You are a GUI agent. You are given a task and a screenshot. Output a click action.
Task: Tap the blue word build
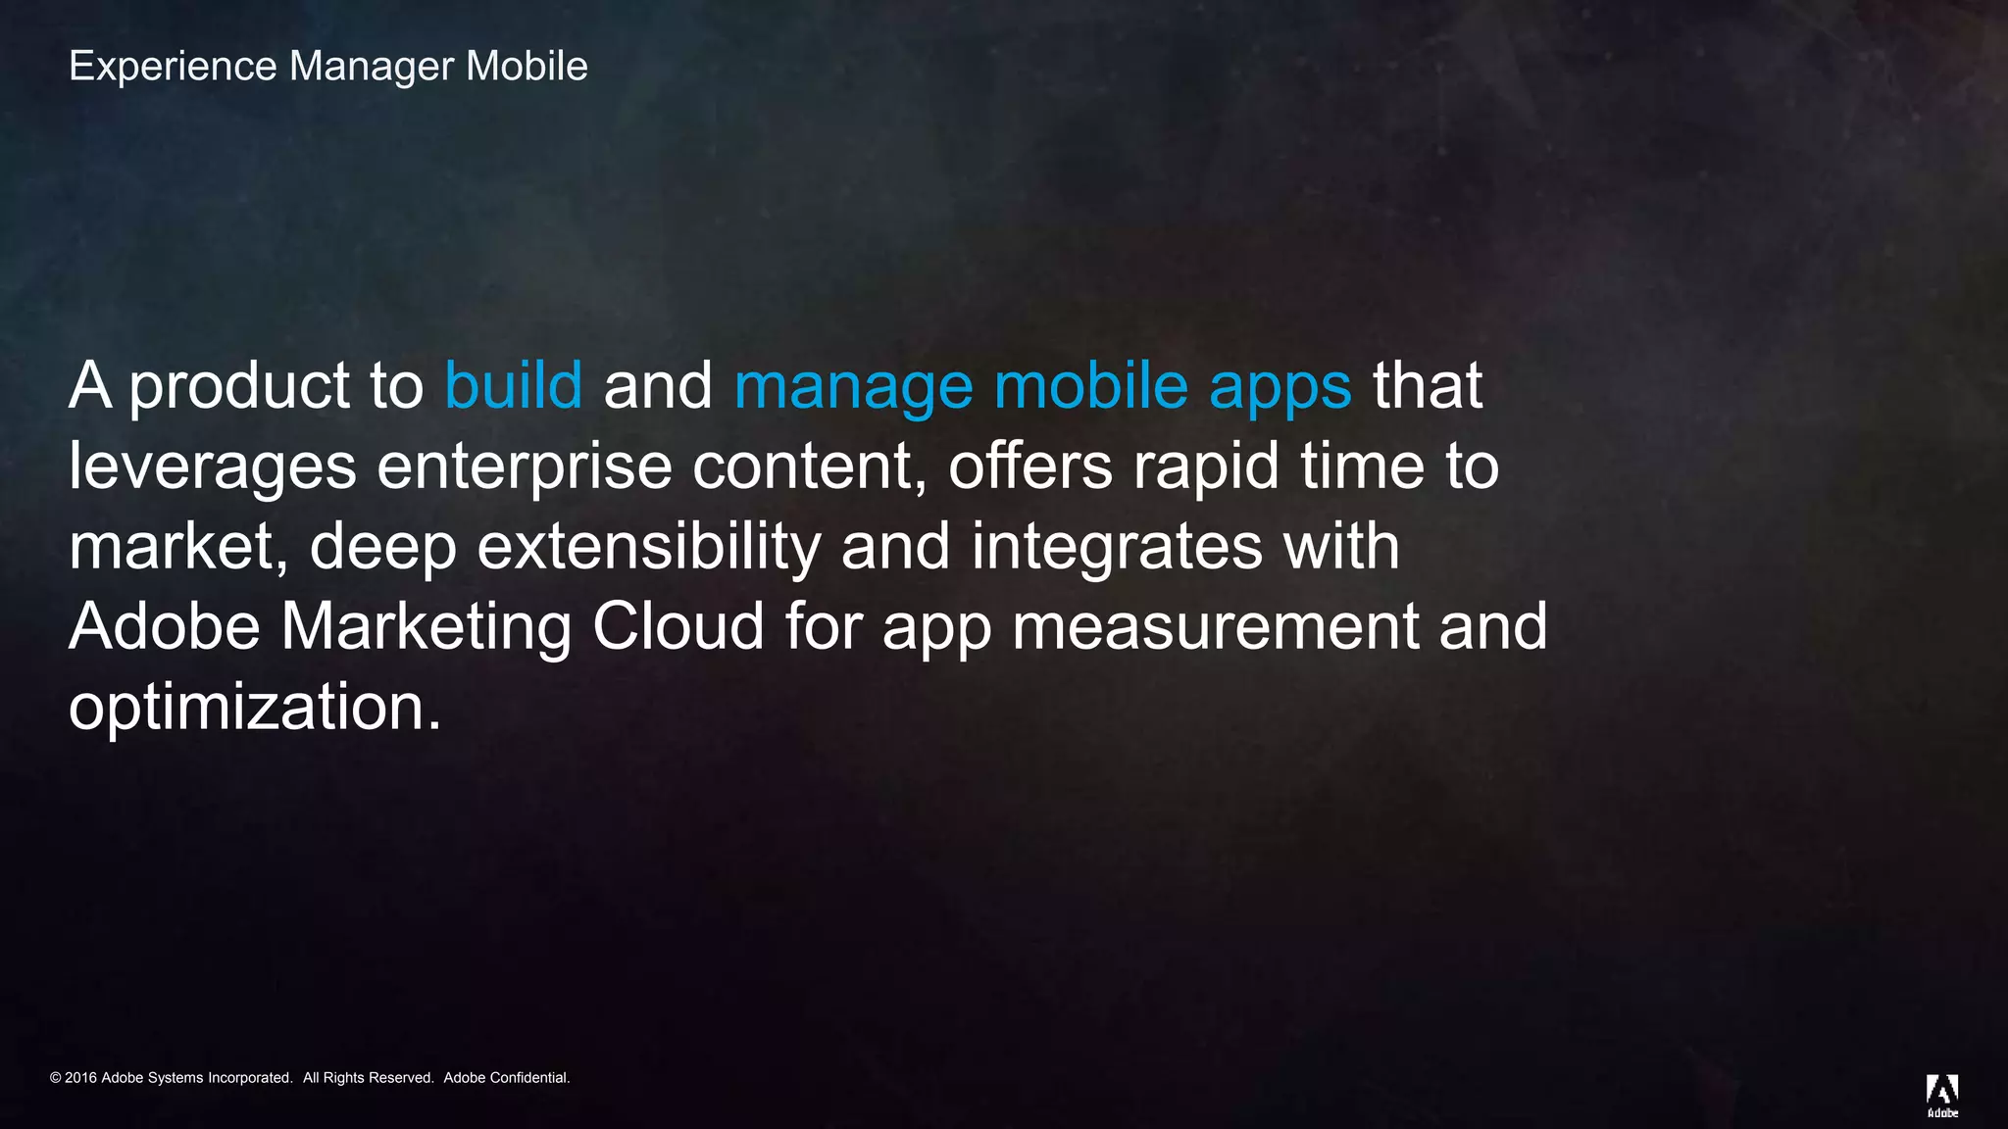point(513,385)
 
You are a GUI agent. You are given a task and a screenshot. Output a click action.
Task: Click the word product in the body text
point(239,387)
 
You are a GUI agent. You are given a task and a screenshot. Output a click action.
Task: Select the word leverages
point(212,467)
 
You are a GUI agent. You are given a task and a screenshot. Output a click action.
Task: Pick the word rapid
point(1206,467)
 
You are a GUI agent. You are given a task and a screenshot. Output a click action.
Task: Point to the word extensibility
point(648,547)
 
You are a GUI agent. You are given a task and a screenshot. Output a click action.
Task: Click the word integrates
point(1117,547)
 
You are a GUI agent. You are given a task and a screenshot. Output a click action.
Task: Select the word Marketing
point(426,628)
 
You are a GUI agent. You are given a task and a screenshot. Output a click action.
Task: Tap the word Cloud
point(678,626)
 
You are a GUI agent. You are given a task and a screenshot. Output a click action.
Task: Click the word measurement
point(1215,628)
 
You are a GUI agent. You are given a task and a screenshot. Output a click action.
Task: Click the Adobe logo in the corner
point(1942,1095)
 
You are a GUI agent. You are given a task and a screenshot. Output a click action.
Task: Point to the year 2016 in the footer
point(80,1078)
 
